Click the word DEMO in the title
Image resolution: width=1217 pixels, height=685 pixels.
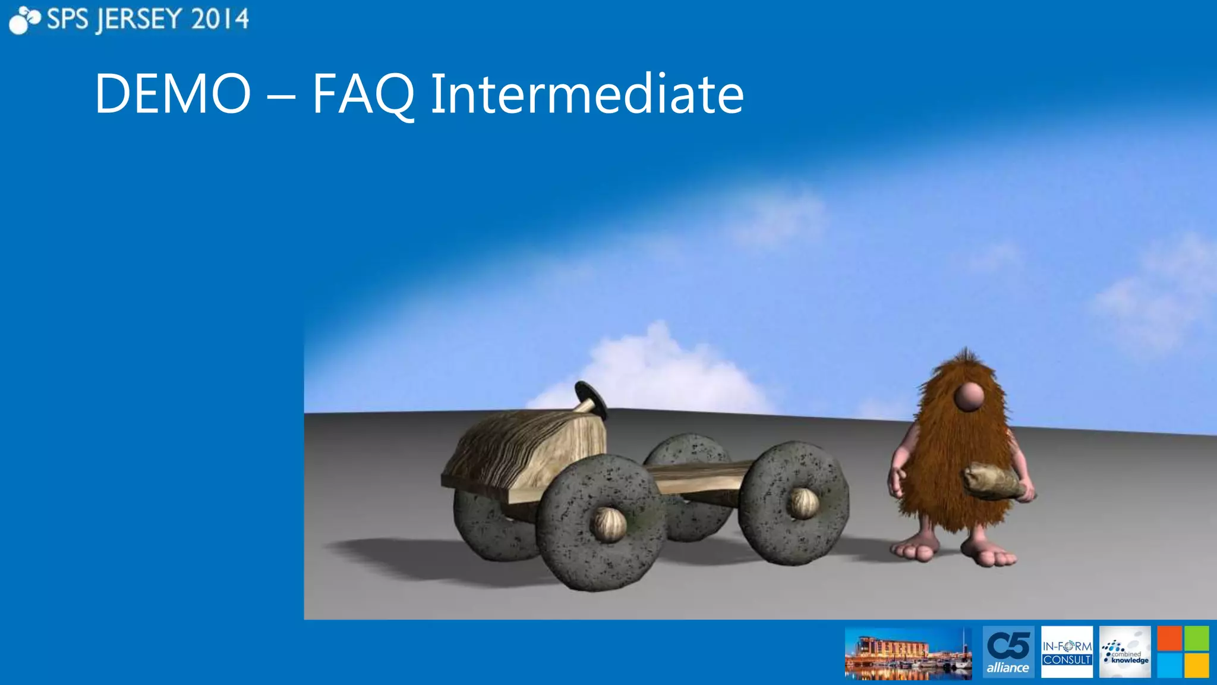click(x=172, y=94)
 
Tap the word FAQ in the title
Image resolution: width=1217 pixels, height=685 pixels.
click(x=363, y=94)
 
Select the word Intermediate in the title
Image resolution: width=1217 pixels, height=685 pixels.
click(x=587, y=94)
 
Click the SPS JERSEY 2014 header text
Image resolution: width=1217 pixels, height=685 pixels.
click(x=147, y=20)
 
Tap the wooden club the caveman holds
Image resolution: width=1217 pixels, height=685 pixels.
click(x=996, y=481)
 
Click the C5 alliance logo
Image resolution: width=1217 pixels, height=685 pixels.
click(x=1008, y=652)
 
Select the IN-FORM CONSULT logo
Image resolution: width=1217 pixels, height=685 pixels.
click(x=1067, y=652)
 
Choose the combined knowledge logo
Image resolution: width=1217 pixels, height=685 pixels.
click(x=1125, y=652)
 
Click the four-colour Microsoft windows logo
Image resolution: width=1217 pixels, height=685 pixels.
click(x=1183, y=652)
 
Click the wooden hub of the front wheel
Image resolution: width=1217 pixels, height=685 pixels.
click(x=608, y=524)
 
